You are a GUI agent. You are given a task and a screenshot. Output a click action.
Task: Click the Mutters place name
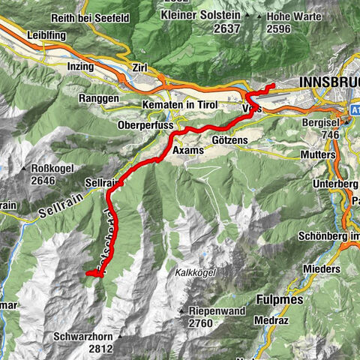coord(319,154)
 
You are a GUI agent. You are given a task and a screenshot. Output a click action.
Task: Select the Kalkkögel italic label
coord(197,274)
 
